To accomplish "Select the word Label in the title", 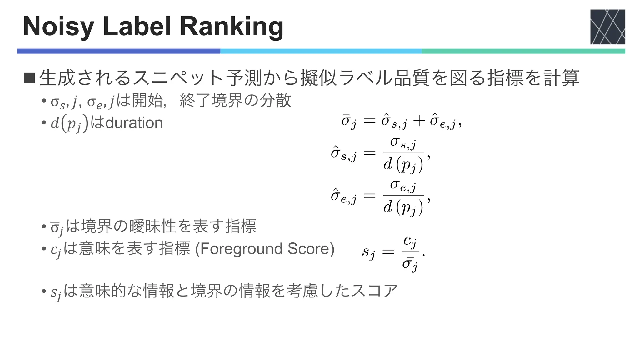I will tap(137, 26).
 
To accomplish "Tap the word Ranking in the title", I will tap(231, 27).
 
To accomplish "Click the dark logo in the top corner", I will tap(607, 27).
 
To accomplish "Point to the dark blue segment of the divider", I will tap(119, 51).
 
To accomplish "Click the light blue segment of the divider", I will tap(321, 51).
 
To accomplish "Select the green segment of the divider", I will tap(523, 51).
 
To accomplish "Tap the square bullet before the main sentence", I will tap(29, 78).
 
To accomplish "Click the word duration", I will tap(134, 123).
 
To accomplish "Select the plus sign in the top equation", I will tap(419, 121).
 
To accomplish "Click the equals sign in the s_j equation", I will tap(388, 251).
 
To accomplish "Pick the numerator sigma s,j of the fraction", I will tap(403, 143).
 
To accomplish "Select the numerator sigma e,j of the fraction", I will tap(403, 186).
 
